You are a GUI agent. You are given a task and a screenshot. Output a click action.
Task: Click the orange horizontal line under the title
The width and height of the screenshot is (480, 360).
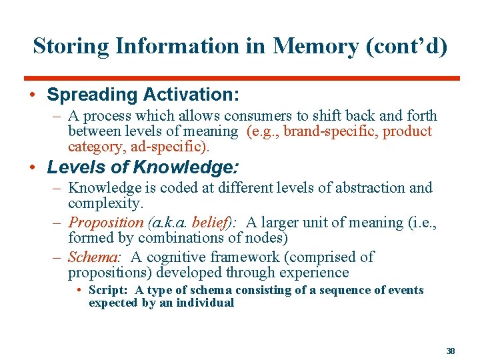tap(247, 79)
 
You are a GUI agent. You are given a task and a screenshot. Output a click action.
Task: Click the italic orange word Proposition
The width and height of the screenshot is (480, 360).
tap(106, 223)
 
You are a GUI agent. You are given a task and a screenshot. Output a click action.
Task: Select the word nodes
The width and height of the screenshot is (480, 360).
tap(264, 237)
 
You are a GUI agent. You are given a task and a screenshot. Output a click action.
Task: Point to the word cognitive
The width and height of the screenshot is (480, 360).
tap(183, 257)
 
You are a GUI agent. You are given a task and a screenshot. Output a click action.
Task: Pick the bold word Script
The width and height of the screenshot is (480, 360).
tap(109, 290)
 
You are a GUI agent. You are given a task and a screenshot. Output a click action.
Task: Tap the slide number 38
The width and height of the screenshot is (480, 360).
tap(450, 350)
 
